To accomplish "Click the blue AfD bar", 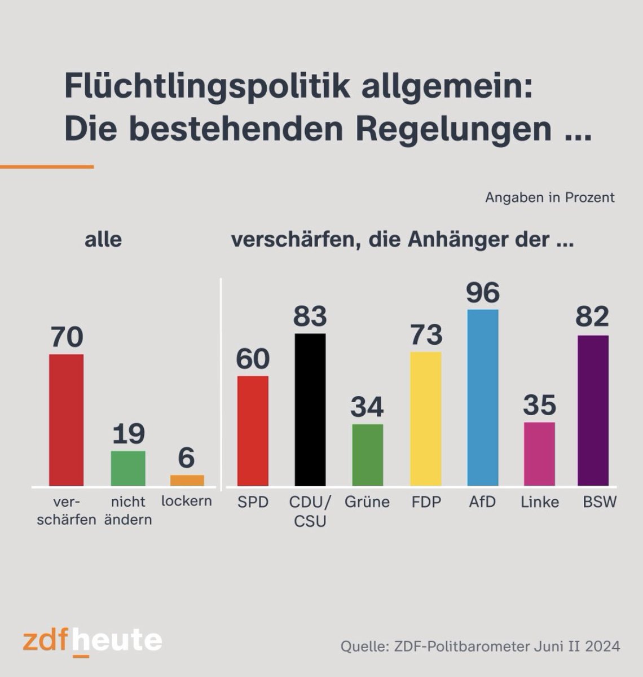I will pyautogui.click(x=483, y=398).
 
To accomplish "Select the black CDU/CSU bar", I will pyautogui.click(x=310, y=410).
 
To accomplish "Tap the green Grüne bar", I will pyautogui.click(x=368, y=455).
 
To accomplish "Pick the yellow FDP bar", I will pyautogui.click(x=426, y=419).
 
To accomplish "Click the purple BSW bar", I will pyautogui.click(x=593, y=411).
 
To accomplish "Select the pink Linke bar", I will pyautogui.click(x=539, y=454).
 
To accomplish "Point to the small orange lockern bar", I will pyautogui.click(x=187, y=480).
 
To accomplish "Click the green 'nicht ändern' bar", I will pyautogui.click(x=128, y=468).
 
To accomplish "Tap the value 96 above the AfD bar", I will pyautogui.click(x=483, y=293).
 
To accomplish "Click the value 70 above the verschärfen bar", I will pyautogui.click(x=67, y=337).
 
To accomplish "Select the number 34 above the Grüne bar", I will pyautogui.click(x=367, y=407).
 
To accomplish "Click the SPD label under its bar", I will pyautogui.click(x=253, y=502).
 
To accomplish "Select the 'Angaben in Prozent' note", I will pyautogui.click(x=549, y=197).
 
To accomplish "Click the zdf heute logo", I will pyautogui.click(x=93, y=641).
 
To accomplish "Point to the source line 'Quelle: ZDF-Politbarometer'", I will pyautogui.click(x=480, y=646).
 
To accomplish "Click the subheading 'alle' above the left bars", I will pyautogui.click(x=103, y=240).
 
